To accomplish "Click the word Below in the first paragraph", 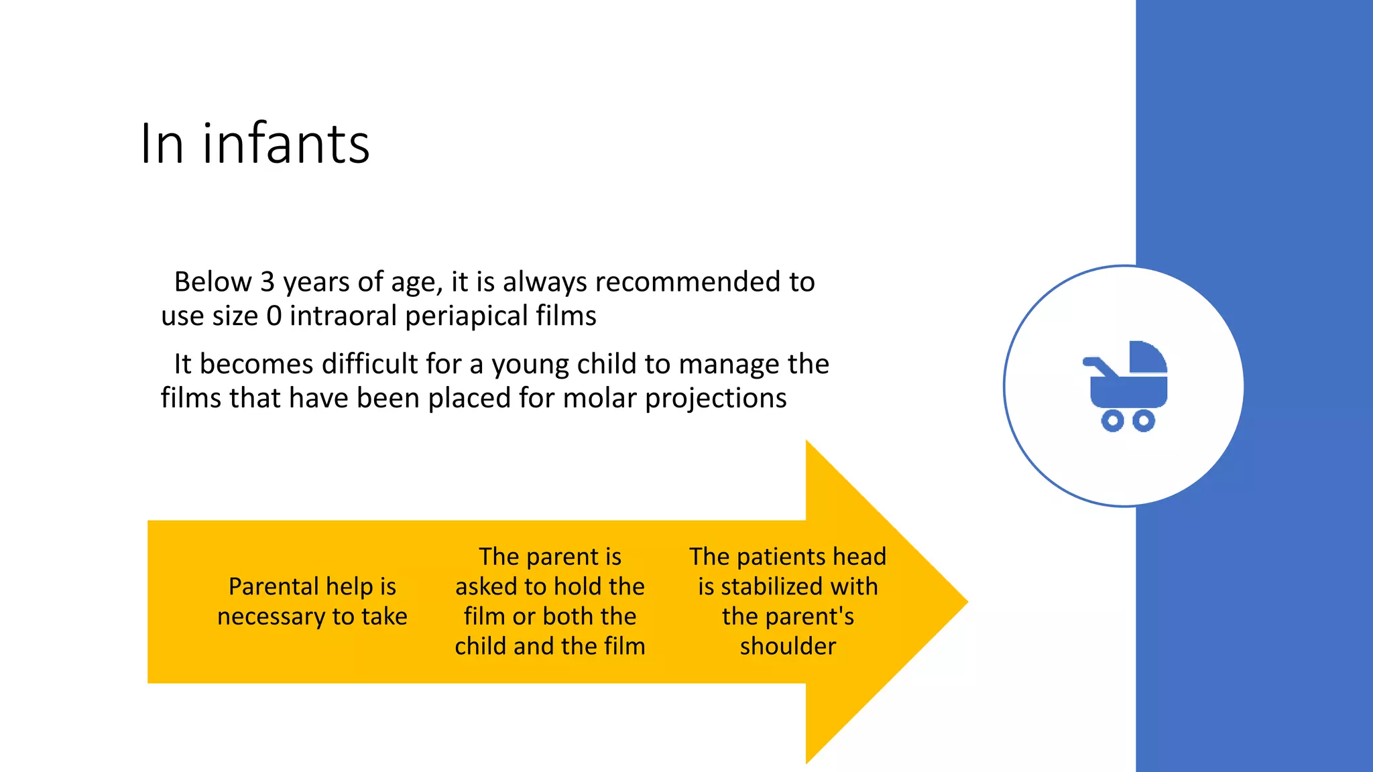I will (x=213, y=282).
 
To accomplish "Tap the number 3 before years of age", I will (x=267, y=282).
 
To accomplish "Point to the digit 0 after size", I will (x=274, y=316).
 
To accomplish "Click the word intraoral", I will (x=343, y=316).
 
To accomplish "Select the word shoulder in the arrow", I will (x=788, y=646).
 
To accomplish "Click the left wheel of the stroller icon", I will (x=1112, y=421).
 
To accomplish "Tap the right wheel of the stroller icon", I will (x=1144, y=421).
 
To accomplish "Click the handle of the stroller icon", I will (x=1098, y=365).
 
